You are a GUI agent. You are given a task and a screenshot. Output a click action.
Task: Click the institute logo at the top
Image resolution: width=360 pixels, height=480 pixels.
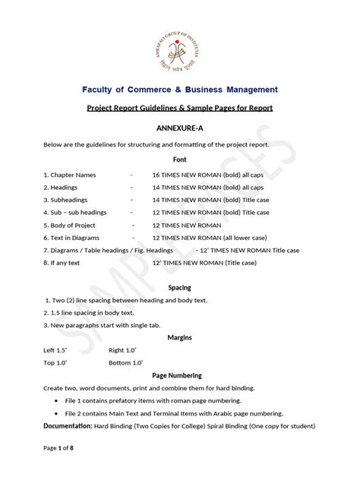(180, 39)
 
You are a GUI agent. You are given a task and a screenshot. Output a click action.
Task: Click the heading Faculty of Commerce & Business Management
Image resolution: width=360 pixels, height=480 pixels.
(180, 90)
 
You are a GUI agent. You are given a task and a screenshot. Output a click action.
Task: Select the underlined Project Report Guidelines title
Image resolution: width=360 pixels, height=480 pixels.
(180, 109)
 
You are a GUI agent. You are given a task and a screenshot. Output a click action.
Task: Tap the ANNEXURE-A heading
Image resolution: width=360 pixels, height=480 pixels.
(180, 130)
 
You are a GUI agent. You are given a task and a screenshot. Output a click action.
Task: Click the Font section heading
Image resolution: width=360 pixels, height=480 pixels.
(180, 160)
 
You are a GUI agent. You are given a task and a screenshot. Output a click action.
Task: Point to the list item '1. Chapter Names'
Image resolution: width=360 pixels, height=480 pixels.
(71, 174)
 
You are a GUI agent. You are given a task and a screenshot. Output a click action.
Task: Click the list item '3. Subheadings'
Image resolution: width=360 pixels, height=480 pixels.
(67, 200)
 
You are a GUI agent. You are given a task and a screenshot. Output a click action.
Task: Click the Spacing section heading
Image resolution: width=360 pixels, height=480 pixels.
(180, 289)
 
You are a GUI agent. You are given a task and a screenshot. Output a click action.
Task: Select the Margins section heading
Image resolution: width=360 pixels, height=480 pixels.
(180, 336)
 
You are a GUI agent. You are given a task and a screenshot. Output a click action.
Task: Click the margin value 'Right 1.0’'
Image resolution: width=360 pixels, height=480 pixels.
(125, 350)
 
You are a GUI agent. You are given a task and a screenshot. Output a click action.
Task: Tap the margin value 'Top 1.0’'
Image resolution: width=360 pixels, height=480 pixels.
(60, 362)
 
